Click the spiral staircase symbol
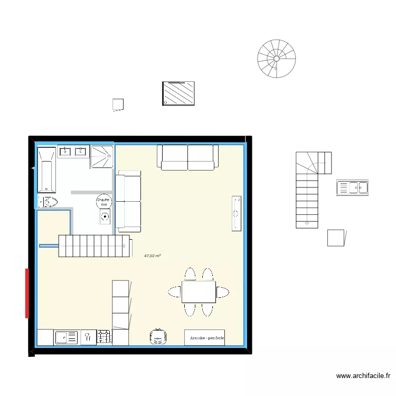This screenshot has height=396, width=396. [276, 59]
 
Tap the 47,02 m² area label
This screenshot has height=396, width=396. [152, 256]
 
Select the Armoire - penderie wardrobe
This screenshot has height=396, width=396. [204, 338]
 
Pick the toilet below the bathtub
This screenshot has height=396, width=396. [48, 202]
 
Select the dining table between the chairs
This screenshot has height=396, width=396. [199, 291]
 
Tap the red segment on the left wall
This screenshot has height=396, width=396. [26, 293]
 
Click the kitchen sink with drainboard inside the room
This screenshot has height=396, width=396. [66, 337]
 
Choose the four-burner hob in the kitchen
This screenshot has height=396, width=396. [104, 337]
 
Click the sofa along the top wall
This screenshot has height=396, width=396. [187, 157]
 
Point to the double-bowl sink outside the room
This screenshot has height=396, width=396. [352, 187]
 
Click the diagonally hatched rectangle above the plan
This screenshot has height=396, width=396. [178, 93]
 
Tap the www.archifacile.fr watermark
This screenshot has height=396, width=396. [363, 376]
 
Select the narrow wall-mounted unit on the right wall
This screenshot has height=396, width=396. [236, 213]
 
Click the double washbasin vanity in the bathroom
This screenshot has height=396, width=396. [73, 152]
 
